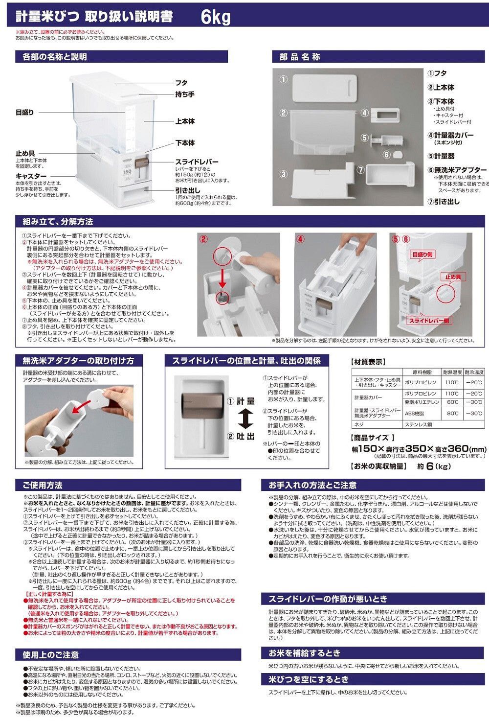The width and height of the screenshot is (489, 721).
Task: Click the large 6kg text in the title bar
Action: click(215, 17)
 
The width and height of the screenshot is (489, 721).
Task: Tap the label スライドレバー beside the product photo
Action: click(197, 162)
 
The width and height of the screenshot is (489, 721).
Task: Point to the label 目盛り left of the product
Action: click(25, 113)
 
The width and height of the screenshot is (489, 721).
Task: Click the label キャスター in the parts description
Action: click(31, 176)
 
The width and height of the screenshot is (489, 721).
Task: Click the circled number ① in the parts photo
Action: click(283, 79)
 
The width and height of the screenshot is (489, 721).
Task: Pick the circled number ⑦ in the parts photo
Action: click(360, 170)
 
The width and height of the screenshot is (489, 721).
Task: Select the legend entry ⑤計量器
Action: click(442, 156)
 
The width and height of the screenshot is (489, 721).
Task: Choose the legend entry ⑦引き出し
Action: click(444, 201)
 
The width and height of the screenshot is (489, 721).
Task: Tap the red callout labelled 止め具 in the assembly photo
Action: click(452, 277)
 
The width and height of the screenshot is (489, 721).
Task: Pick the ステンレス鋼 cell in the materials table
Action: click(419, 424)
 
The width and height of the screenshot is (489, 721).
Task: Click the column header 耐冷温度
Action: click(474, 372)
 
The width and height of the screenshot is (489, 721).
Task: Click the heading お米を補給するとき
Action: click(304, 653)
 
